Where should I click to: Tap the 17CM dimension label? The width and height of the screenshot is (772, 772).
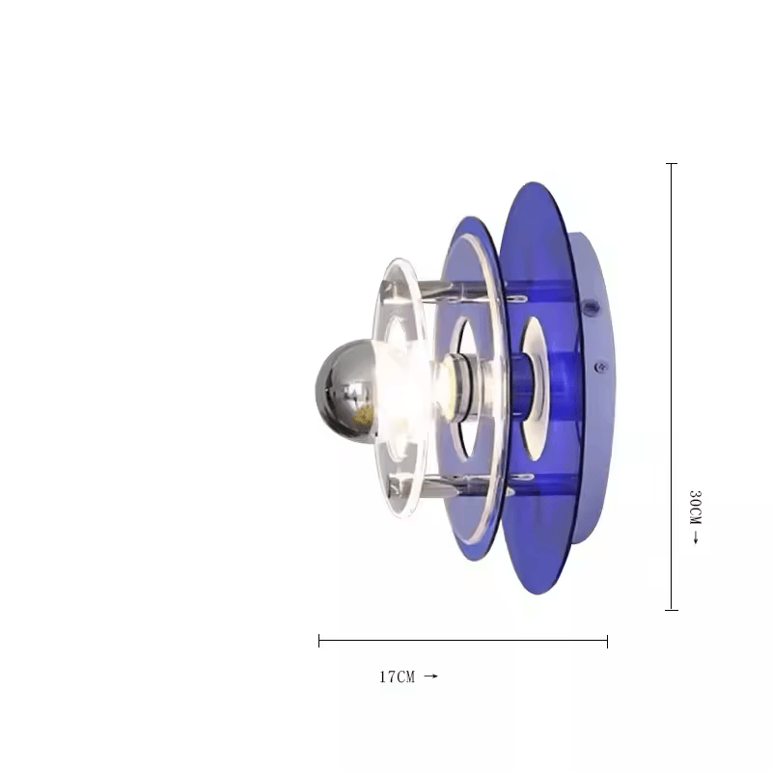click(x=397, y=677)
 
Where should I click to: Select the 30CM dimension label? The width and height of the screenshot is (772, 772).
click(x=695, y=508)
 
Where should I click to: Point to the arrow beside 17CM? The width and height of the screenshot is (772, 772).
click(x=430, y=676)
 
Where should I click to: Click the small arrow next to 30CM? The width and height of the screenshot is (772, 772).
click(x=696, y=538)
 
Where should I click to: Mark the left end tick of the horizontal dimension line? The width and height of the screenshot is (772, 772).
click(x=319, y=641)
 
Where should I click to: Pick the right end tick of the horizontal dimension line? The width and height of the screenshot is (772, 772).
click(x=608, y=641)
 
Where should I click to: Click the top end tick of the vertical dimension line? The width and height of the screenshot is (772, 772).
click(x=672, y=163)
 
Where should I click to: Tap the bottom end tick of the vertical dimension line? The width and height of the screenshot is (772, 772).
click(x=672, y=610)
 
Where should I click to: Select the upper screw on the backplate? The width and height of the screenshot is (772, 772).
click(x=590, y=309)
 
